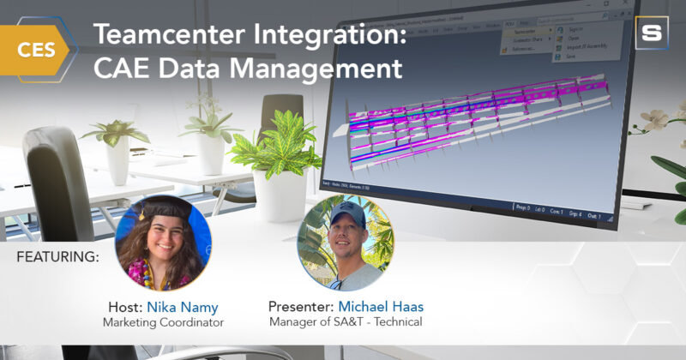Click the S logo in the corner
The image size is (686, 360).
click(653, 32)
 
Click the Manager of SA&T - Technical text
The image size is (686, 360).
click(342, 323)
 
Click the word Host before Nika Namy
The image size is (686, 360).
click(125, 307)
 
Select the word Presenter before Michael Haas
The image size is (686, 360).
click(299, 307)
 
